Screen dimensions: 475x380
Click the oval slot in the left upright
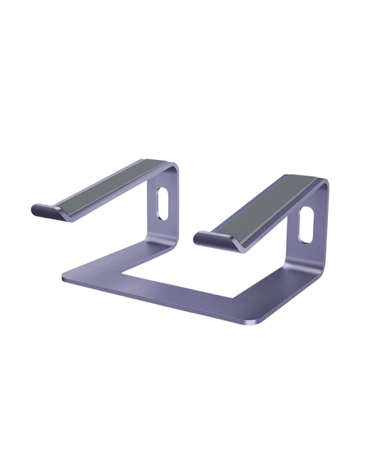[162, 203]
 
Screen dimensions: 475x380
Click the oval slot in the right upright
[307, 225]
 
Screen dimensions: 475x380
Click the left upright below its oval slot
[160, 228]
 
